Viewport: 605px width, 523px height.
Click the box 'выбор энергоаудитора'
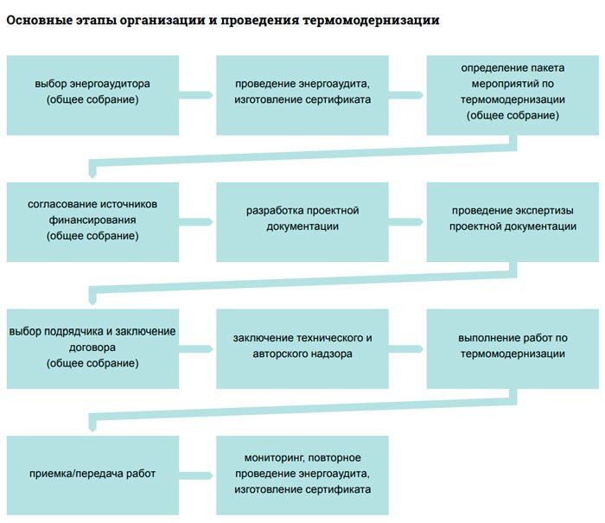click(x=92, y=95)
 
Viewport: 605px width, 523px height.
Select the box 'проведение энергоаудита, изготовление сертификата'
click(x=302, y=95)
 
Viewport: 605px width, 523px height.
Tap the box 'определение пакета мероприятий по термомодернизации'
click(x=513, y=95)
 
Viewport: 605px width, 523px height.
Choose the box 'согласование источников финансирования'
click(x=92, y=221)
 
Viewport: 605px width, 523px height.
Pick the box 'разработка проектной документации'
click(x=302, y=221)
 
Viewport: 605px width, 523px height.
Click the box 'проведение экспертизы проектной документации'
click(x=513, y=221)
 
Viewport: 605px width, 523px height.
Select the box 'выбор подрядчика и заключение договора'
click(x=92, y=348)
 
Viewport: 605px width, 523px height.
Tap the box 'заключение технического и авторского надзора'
click(x=302, y=348)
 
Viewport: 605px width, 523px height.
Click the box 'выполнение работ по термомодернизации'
click(x=513, y=348)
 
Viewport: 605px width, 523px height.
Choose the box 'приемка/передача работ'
click(x=92, y=475)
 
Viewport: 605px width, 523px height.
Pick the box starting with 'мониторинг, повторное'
click(x=302, y=475)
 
